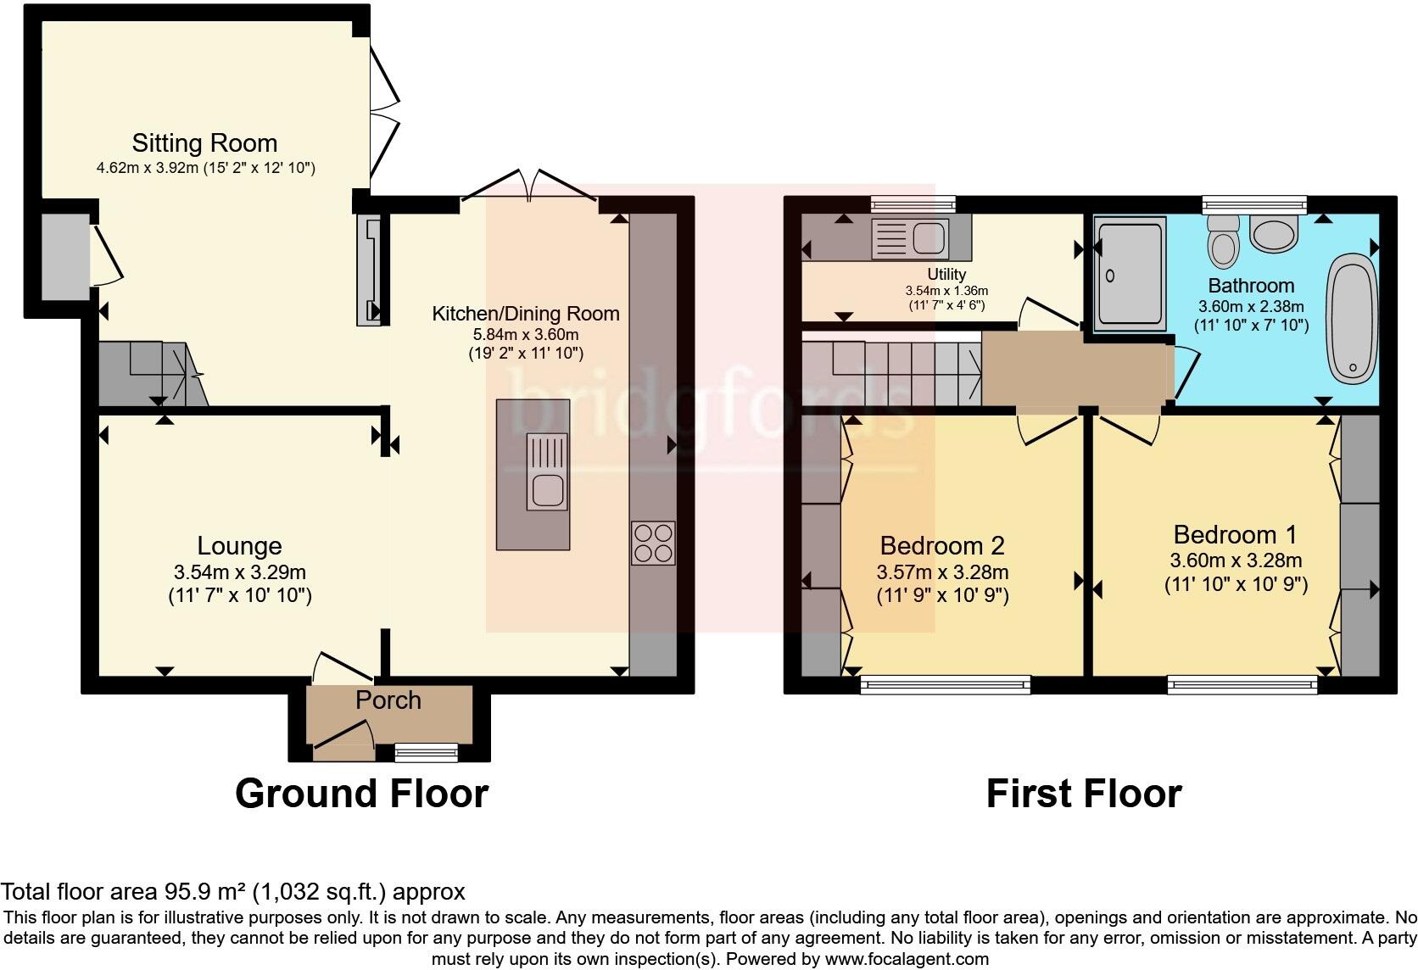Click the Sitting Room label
204,142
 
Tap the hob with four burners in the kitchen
653,543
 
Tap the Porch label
388,700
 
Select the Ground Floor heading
361,794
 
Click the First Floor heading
1083,794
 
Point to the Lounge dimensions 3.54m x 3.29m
239,572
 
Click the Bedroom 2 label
942,545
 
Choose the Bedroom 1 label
1235,535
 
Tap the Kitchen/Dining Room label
526,314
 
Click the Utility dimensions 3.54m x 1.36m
946,291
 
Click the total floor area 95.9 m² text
232,892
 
